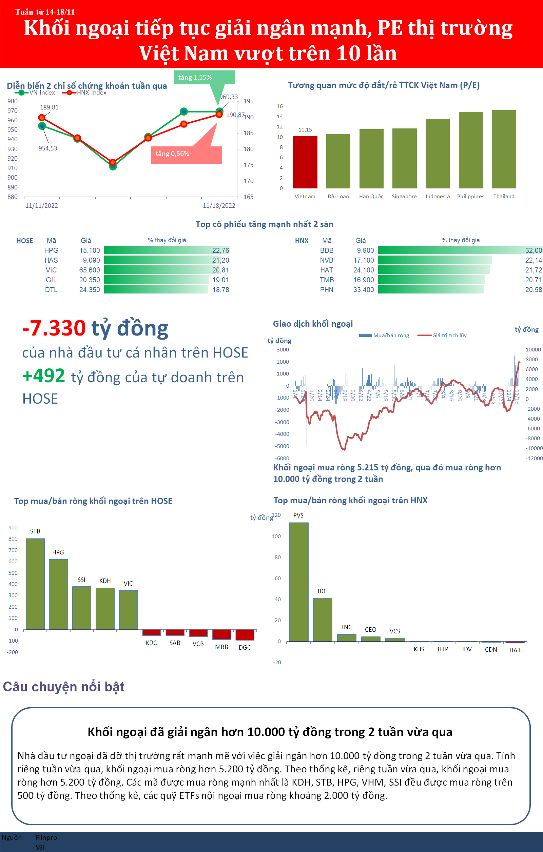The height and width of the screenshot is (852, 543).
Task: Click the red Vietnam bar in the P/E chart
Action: click(x=305, y=162)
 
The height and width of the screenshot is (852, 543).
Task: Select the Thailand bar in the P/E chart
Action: click(x=504, y=149)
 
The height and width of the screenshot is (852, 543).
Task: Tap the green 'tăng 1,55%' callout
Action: click(x=204, y=78)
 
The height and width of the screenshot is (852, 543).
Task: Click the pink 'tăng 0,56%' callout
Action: click(x=186, y=154)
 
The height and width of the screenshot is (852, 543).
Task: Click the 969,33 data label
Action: click(x=229, y=97)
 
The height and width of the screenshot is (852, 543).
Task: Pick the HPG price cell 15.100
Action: click(x=90, y=250)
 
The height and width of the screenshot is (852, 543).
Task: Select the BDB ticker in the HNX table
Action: click(x=327, y=250)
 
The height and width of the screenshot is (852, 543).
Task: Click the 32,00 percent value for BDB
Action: click(x=534, y=250)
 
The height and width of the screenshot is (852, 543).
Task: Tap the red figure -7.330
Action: click(x=54, y=328)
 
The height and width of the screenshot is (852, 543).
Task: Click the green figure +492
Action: click(x=43, y=376)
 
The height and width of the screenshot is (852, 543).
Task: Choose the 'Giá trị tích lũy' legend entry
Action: click(x=449, y=336)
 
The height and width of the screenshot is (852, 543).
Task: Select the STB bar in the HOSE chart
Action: click(x=35, y=584)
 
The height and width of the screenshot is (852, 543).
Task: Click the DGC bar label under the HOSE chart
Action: click(x=245, y=648)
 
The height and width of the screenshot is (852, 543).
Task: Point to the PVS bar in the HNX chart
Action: click(x=298, y=582)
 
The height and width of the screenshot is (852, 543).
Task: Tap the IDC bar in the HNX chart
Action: click(x=322, y=620)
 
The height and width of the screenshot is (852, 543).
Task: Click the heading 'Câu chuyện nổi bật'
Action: click(x=64, y=686)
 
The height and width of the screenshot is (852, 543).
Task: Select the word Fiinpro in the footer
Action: click(x=46, y=837)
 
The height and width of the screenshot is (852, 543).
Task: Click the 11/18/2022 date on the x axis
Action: click(x=219, y=206)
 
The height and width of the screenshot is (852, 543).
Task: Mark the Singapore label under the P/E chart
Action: click(x=404, y=197)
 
